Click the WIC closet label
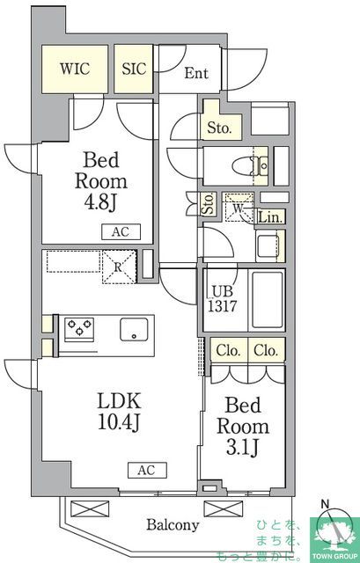point(75,69)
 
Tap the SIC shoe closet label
point(134,69)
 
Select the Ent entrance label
point(196,73)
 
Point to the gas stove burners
point(79,328)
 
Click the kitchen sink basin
point(134,329)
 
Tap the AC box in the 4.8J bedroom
point(121,232)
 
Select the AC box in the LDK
point(147,470)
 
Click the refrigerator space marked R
point(120,267)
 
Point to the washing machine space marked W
point(238,208)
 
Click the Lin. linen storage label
point(271,217)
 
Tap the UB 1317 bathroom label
point(223,299)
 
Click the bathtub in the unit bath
point(267,300)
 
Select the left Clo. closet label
point(228,350)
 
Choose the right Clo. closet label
point(266,350)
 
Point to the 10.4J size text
point(119,421)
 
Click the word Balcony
point(173,525)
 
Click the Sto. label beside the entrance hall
point(219,128)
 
